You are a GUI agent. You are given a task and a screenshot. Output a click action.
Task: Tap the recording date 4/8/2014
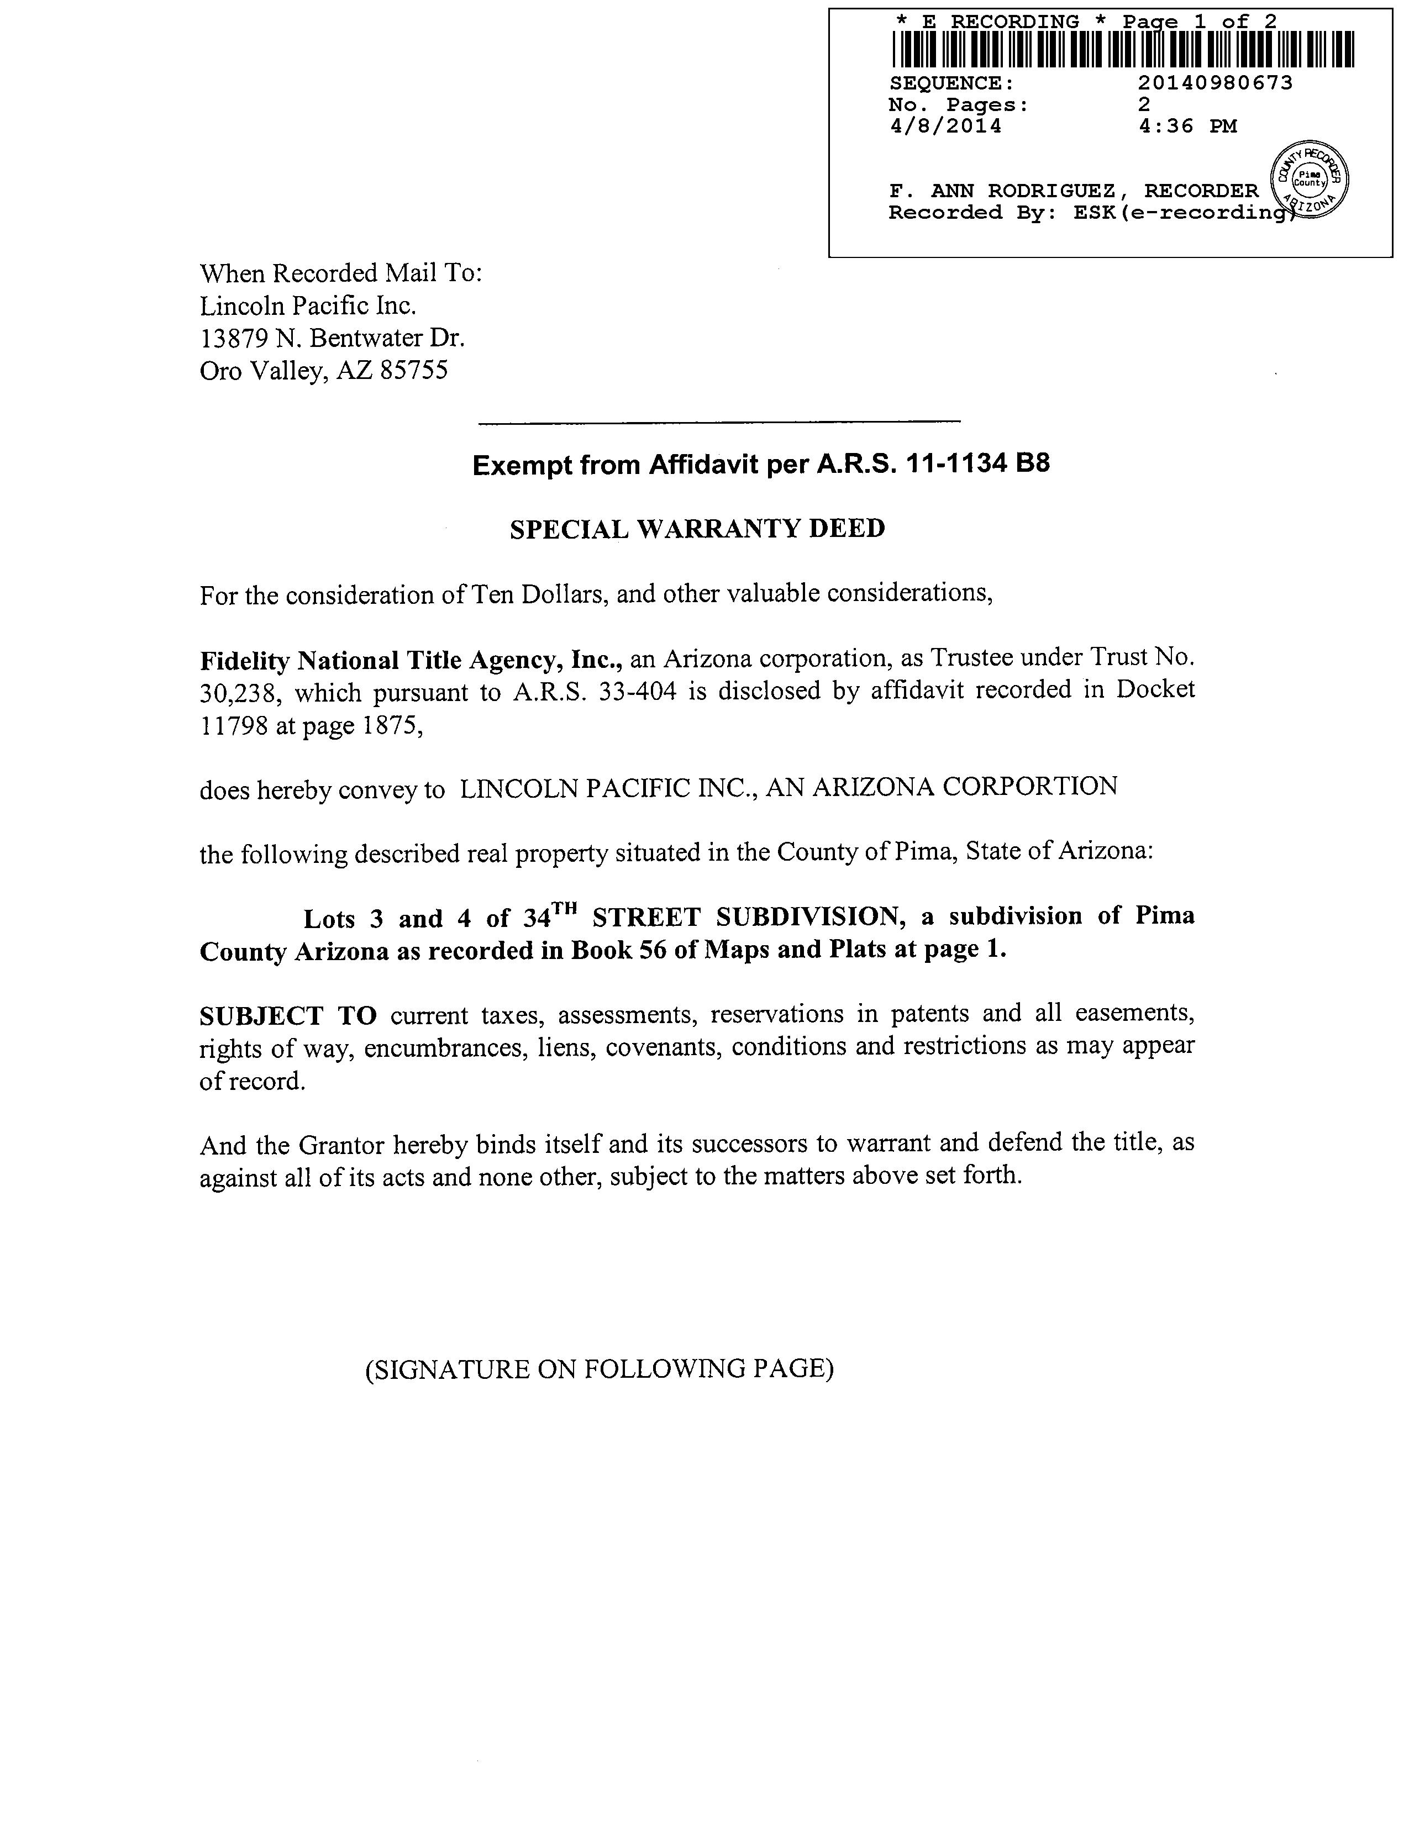pos(946,126)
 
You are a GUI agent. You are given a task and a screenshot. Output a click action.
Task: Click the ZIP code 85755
pos(413,371)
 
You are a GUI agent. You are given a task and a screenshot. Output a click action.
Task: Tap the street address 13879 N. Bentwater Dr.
pos(332,338)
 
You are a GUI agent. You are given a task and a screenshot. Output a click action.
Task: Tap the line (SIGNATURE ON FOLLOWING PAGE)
pos(600,1369)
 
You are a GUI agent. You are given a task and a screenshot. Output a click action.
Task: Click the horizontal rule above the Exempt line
pos(719,423)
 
